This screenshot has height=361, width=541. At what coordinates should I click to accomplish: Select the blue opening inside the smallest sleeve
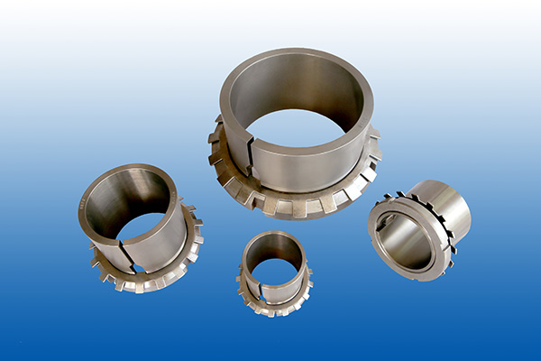click(x=273, y=271)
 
